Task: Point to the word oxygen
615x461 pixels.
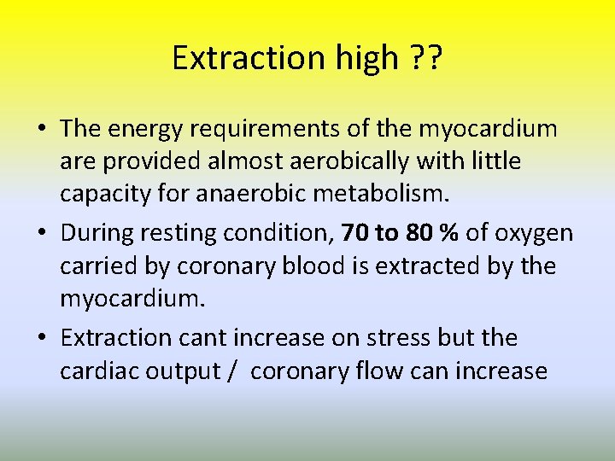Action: pos(537,233)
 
